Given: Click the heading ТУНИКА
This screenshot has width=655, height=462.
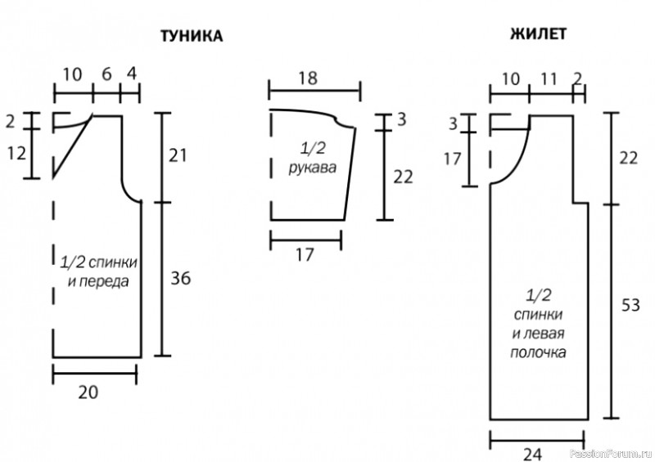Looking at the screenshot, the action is (192, 36).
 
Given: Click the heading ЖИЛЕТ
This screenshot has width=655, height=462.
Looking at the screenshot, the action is (538, 34).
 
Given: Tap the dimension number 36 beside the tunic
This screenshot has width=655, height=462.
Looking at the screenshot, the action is (180, 277).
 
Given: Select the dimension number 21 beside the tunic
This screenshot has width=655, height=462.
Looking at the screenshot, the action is (178, 155).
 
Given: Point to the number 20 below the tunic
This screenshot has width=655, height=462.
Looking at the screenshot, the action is (88, 392).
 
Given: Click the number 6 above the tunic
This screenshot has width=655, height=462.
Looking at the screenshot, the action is (106, 74).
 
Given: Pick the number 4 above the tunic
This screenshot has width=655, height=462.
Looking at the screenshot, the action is (132, 74).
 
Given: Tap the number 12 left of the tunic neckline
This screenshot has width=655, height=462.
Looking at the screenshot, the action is (16, 153).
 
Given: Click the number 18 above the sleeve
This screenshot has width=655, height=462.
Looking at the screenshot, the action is (309, 78).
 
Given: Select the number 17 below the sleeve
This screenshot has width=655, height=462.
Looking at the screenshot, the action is (305, 254).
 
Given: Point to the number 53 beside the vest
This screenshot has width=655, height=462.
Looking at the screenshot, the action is (630, 305).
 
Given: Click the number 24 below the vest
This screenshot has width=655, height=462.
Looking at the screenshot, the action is (532, 454).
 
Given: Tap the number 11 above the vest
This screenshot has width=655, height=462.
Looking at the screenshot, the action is (549, 78).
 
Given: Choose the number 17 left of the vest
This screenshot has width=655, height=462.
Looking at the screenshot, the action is (453, 159).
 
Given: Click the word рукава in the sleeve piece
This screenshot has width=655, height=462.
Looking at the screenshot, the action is (313, 168).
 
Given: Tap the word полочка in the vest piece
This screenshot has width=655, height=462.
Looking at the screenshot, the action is (538, 352).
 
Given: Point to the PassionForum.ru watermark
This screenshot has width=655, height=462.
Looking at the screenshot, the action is (610, 454).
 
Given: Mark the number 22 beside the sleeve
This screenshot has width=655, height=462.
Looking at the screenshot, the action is (403, 177).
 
